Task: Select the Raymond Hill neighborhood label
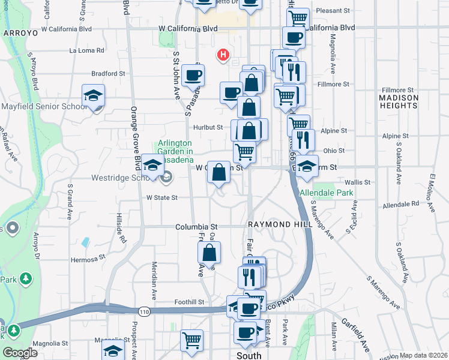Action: (279, 223)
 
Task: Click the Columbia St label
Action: (196, 227)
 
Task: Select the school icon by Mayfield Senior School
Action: (94, 96)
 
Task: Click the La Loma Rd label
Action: (87, 50)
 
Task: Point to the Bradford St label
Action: (108, 74)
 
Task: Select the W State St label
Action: (162, 197)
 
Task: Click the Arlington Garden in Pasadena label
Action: (175, 152)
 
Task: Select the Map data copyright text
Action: (423, 355)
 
